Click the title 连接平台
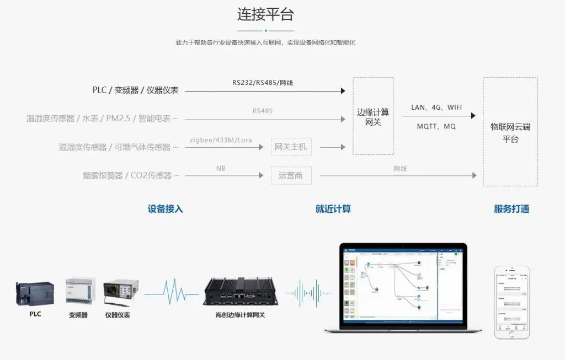(x=265, y=14)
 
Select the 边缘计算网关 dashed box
(x=373, y=116)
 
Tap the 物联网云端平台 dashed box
(x=510, y=132)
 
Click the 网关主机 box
(x=291, y=147)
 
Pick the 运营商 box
(x=291, y=175)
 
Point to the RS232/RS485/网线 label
(x=263, y=83)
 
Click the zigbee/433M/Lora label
(x=221, y=140)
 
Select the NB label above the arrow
(x=221, y=168)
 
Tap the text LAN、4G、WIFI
(x=436, y=107)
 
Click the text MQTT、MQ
(x=436, y=126)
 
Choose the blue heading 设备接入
(x=165, y=209)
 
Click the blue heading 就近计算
(x=333, y=209)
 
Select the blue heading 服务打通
(x=511, y=209)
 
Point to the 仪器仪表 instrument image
(x=121, y=292)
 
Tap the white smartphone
(x=511, y=302)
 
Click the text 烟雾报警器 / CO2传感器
(x=131, y=175)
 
